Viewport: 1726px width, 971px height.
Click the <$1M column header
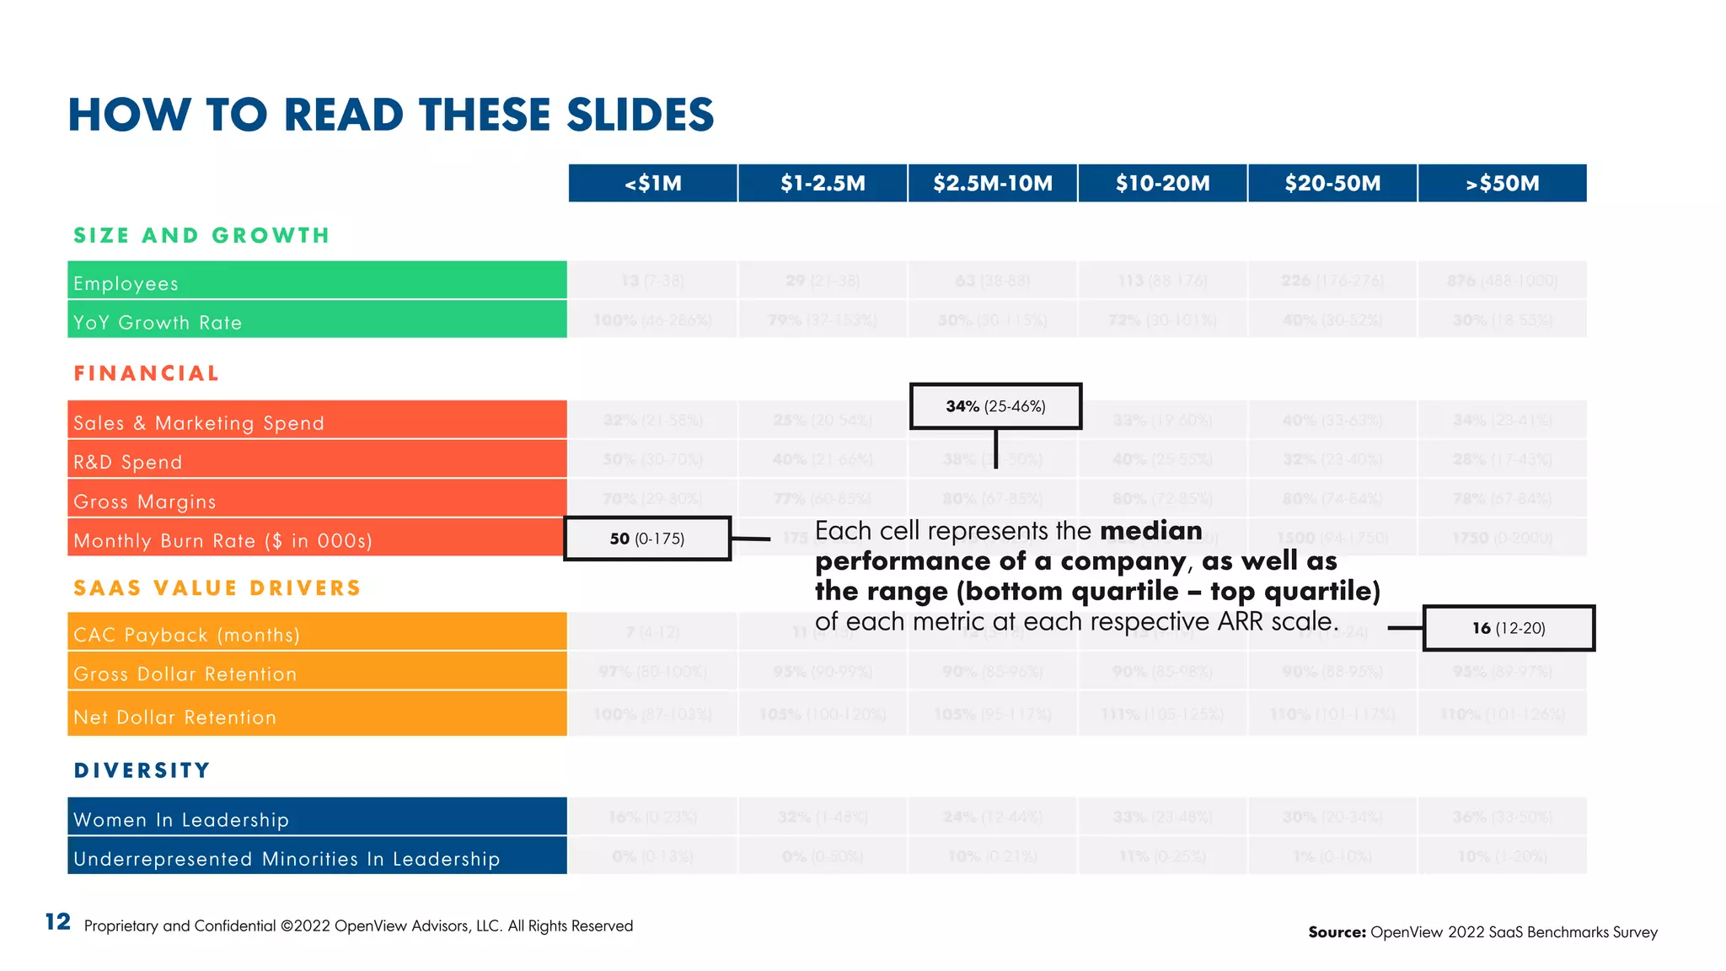point(653,183)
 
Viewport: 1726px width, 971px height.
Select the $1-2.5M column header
point(823,183)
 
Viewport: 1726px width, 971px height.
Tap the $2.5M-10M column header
point(993,183)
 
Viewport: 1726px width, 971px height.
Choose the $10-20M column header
point(1162,183)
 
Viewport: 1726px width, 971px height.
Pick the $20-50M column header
point(1332,183)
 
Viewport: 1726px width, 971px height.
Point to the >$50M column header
point(1502,183)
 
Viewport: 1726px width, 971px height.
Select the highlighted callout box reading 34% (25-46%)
point(995,406)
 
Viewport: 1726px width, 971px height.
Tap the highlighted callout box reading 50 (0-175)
point(647,539)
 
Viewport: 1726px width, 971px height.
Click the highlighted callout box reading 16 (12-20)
point(1509,628)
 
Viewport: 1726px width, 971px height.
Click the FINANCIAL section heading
point(147,373)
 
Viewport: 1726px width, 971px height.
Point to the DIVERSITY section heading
point(142,770)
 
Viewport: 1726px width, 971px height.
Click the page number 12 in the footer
point(57,922)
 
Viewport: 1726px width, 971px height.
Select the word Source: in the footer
point(1337,932)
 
